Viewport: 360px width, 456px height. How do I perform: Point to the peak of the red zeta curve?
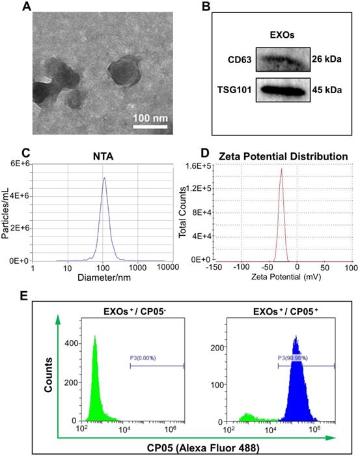tap(281, 169)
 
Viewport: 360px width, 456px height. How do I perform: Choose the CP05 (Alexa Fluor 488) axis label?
tap(199, 446)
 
